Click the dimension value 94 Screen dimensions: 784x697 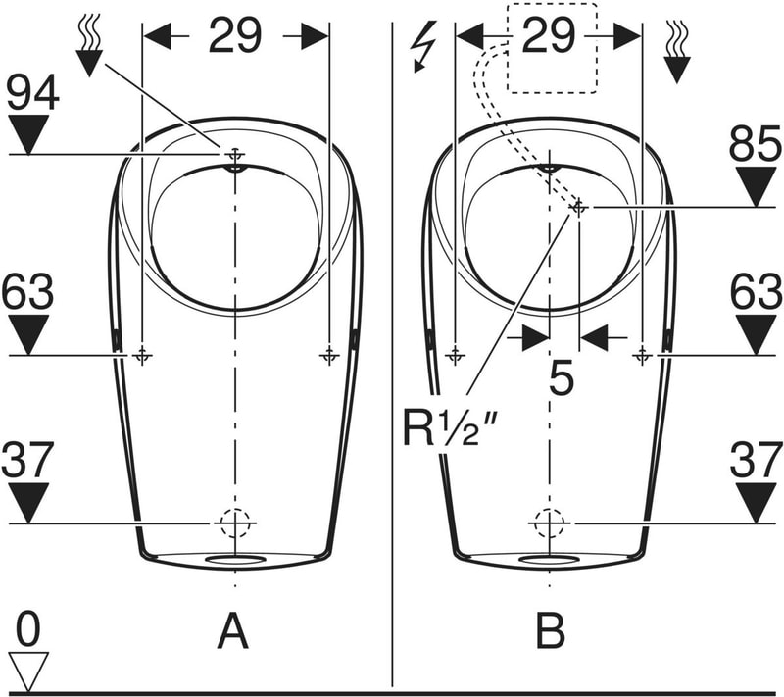33,92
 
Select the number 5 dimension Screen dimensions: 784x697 561,378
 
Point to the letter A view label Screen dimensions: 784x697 233,631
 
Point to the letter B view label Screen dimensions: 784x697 551,631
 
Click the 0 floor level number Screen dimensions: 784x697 28,630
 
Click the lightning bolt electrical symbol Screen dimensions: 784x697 423,46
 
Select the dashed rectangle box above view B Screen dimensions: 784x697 552,48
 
